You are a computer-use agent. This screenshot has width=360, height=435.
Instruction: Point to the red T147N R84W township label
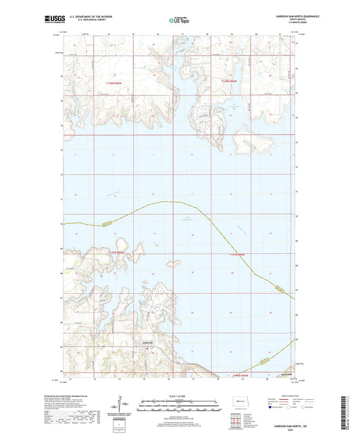118,251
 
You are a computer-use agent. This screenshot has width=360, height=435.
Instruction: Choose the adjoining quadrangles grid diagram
240,419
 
